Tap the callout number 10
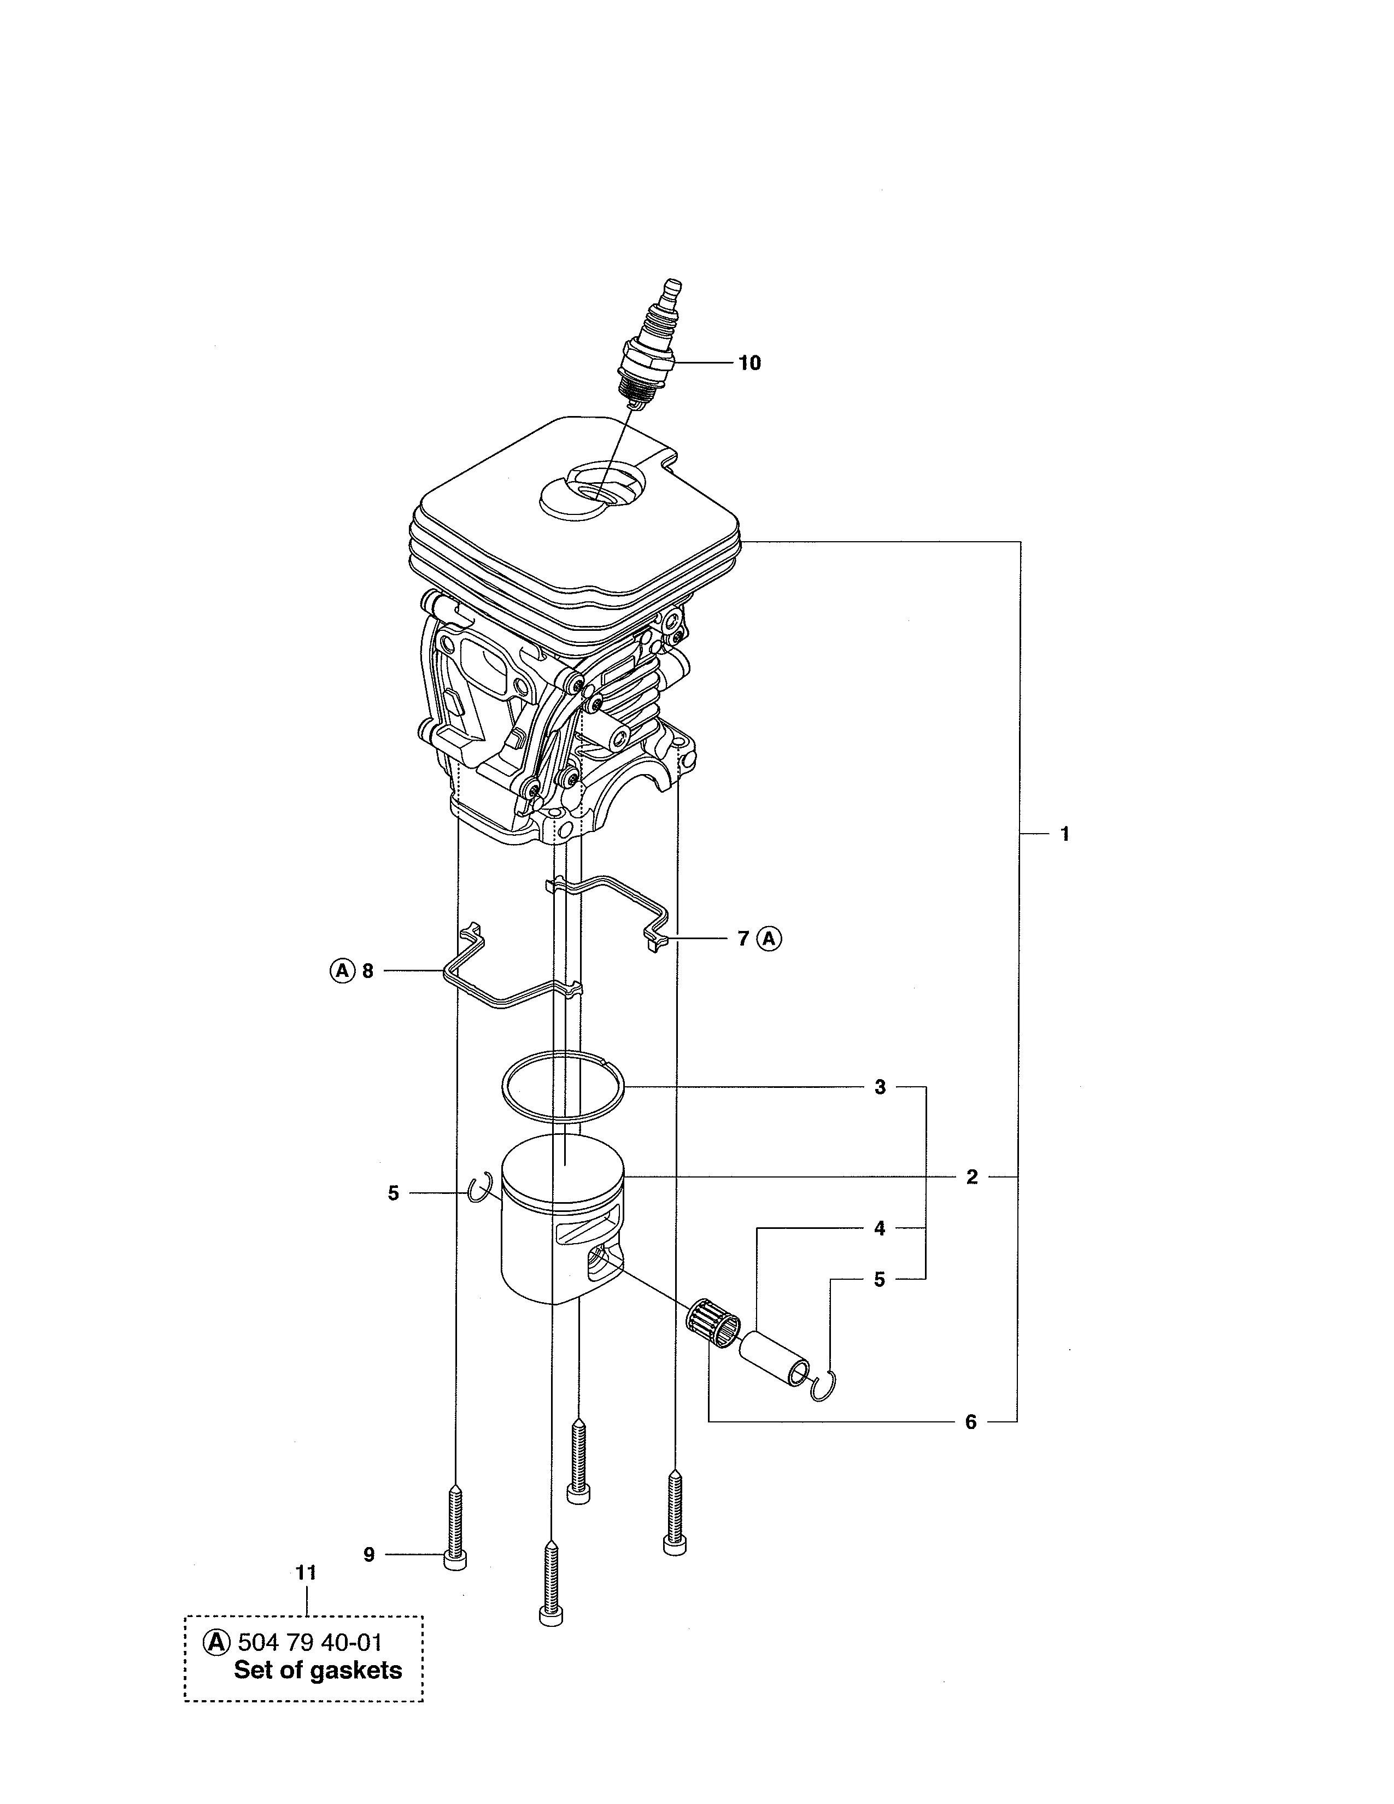click(x=749, y=362)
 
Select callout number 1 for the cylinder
click(x=1064, y=834)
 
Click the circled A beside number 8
click(x=342, y=970)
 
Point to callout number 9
click(x=369, y=1555)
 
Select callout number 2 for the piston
click(x=972, y=1176)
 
